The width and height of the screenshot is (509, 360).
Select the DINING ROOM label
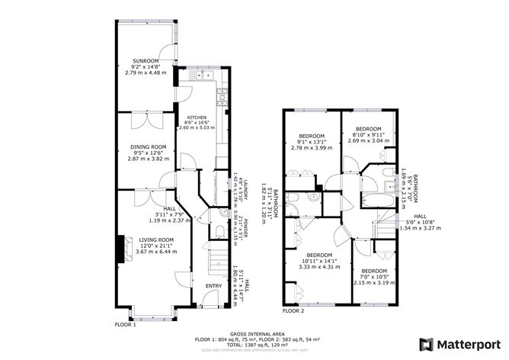click(147, 146)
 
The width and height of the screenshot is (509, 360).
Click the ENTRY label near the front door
click(214, 286)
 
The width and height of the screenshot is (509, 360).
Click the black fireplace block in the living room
click(119, 247)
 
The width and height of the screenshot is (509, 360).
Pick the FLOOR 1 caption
click(125, 324)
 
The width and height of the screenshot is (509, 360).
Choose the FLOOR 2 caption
click(293, 311)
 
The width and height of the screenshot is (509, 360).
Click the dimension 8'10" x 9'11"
click(368, 135)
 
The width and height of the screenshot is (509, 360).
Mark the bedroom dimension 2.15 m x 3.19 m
click(373, 283)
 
